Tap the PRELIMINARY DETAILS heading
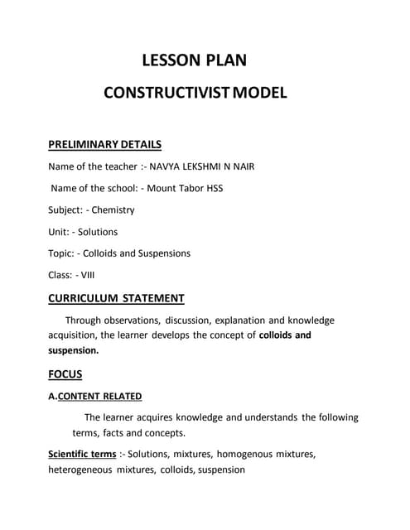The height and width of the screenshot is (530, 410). (x=104, y=144)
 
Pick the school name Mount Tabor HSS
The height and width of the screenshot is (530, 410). (x=185, y=188)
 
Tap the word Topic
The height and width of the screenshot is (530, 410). (x=63, y=253)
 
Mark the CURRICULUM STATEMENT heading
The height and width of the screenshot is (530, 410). (x=116, y=298)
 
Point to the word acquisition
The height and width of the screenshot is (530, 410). (x=75, y=335)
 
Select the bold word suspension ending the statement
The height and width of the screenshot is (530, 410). (x=73, y=350)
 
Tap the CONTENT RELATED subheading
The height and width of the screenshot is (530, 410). (x=99, y=396)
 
